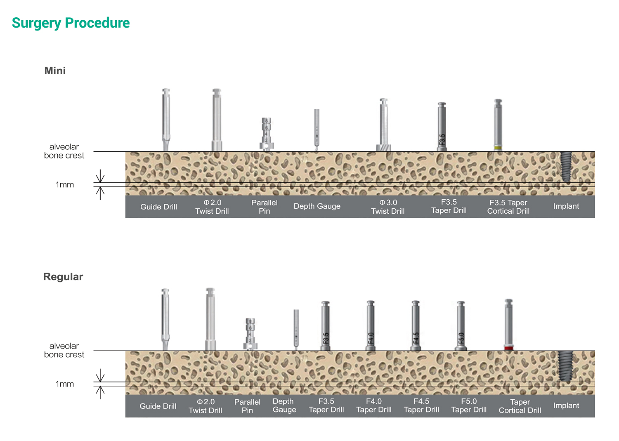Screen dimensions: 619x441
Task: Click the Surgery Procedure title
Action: (71, 23)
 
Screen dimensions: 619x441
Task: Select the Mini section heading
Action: (55, 71)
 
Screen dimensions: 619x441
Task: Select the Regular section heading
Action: (63, 276)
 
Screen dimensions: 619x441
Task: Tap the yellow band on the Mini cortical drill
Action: (498, 148)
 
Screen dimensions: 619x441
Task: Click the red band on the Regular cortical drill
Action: (509, 348)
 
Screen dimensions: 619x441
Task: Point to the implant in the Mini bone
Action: (566, 167)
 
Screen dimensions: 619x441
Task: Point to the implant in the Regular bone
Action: (565, 366)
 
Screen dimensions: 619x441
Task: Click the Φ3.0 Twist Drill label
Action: (388, 207)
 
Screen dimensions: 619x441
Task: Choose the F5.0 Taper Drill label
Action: (469, 406)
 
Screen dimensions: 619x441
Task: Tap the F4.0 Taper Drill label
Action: (374, 406)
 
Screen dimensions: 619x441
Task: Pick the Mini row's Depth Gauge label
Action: (317, 206)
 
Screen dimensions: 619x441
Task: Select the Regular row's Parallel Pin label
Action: (247, 406)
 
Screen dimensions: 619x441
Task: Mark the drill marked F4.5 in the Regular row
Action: (416, 326)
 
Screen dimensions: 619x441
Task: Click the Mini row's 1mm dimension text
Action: (65, 184)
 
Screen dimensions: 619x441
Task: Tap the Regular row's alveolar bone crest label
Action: (64, 350)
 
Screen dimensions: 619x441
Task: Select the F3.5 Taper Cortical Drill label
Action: (508, 207)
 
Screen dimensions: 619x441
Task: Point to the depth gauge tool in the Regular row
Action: (296, 330)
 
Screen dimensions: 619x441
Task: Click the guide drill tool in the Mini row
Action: (166, 120)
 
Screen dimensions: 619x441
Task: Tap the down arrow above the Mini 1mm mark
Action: (100, 176)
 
